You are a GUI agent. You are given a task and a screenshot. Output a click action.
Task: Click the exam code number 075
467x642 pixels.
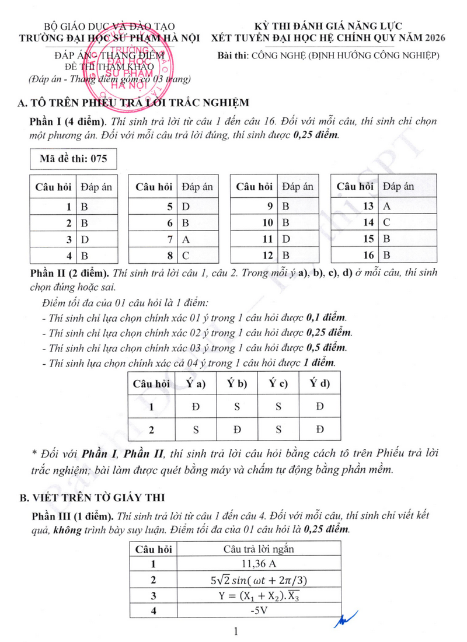click(96, 159)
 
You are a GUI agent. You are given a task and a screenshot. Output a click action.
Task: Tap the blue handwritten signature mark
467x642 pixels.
click(344, 620)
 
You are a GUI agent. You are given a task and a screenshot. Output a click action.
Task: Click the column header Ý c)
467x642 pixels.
click(278, 383)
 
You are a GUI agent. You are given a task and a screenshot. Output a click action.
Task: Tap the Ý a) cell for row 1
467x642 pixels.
click(196, 407)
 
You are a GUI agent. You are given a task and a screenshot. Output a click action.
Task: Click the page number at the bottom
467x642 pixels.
click(235, 631)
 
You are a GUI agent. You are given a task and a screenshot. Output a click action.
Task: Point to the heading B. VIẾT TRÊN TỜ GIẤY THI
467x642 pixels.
click(92, 497)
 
